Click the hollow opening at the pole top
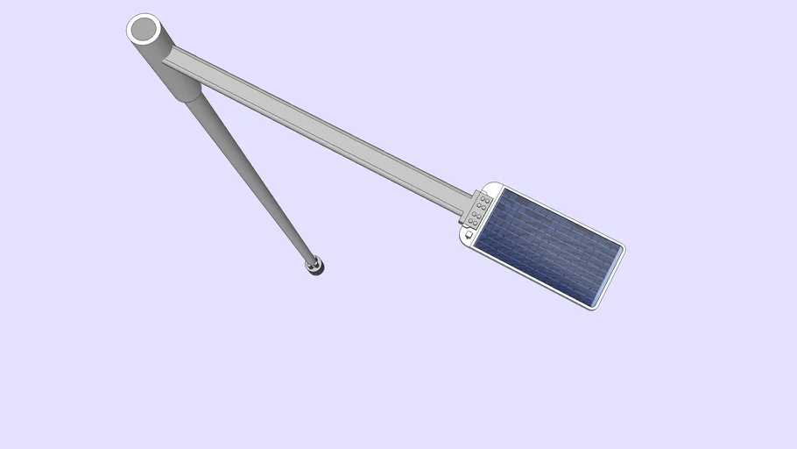tap(143, 29)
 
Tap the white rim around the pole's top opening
tap(131, 26)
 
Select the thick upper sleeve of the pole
tap(173, 74)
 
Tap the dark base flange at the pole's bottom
tap(315, 266)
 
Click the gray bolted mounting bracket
tap(477, 209)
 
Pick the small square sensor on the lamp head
tap(469, 234)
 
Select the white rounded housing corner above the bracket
tap(493, 187)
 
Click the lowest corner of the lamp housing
tap(594, 308)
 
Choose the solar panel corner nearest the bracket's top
tap(502, 192)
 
